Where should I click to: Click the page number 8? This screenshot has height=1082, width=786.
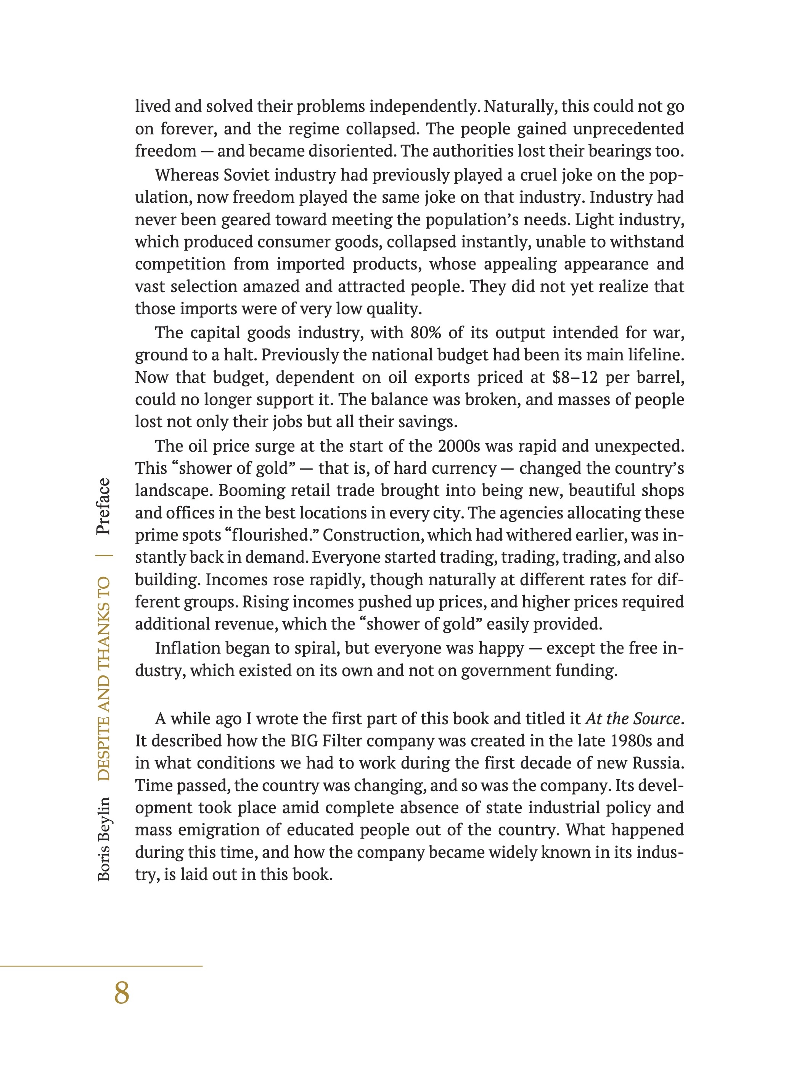pos(122,993)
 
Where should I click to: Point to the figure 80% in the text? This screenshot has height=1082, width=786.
pos(426,333)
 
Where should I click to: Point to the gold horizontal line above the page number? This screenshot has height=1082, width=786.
pos(101,966)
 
